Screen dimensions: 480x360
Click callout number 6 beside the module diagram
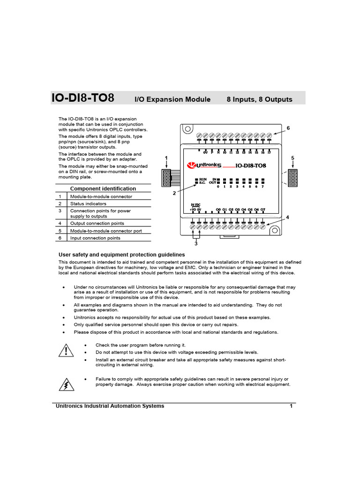(x=288, y=128)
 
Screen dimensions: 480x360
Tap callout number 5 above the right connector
(x=292, y=158)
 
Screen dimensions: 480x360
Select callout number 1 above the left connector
(x=166, y=158)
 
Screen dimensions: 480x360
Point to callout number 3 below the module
(x=196, y=243)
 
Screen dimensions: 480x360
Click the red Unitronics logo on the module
(x=203, y=165)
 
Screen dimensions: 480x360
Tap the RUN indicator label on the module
(x=202, y=180)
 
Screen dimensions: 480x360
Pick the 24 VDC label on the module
(x=195, y=205)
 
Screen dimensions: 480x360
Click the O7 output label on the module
(x=262, y=209)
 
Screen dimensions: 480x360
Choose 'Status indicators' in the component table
(x=88, y=204)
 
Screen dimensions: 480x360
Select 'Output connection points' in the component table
(x=97, y=224)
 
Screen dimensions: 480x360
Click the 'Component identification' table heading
(x=103, y=188)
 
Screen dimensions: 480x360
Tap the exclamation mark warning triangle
(x=67, y=351)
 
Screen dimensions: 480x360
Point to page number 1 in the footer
(x=291, y=406)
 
